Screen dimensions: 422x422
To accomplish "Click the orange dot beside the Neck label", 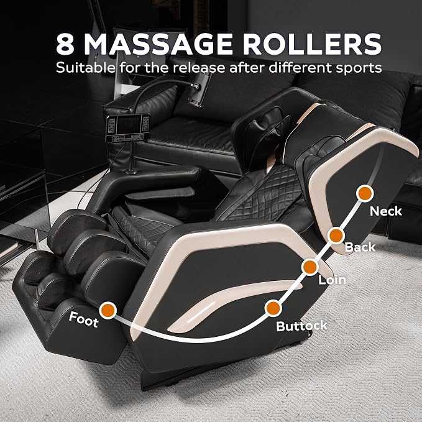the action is click(365, 193).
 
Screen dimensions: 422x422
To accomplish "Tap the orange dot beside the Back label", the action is click(336, 236).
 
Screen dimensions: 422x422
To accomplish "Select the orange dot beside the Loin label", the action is click(310, 267).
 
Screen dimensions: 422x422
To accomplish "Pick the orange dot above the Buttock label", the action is click(273, 308).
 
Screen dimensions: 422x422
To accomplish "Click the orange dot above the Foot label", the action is click(108, 310).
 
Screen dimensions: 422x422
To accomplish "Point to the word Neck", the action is click(386, 211).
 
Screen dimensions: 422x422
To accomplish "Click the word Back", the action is click(360, 247).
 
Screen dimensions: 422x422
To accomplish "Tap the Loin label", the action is click(332, 280).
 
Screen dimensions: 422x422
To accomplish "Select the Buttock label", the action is click(301, 326).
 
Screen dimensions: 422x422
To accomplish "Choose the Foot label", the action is click(83, 319).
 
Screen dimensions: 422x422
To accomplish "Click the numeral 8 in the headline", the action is click(65, 44).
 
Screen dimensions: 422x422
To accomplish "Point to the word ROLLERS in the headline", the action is click(311, 44).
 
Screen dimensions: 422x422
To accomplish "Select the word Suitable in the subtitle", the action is click(86, 67).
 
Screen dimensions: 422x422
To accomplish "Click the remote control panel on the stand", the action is click(127, 128).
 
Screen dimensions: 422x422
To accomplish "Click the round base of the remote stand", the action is click(131, 171).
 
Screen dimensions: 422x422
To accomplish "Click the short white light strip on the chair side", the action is click(201, 311).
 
